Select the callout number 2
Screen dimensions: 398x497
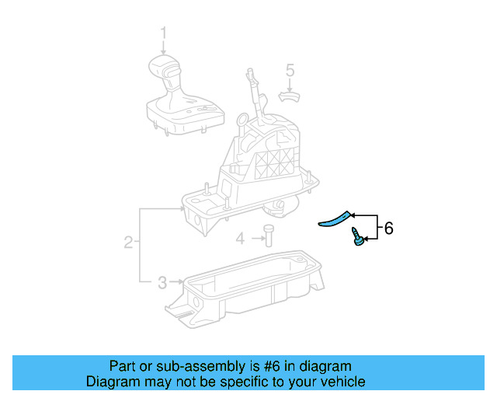pyautogui.click(x=128, y=243)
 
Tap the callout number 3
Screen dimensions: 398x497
pyautogui.click(x=162, y=281)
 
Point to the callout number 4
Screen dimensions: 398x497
pyautogui.click(x=241, y=238)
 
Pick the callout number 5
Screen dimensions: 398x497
pyautogui.click(x=290, y=71)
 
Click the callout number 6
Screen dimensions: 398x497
pyautogui.click(x=389, y=228)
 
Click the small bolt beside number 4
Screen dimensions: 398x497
pyautogui.click(x=267, y=234)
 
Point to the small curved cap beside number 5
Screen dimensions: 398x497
pyautogui.click(x=289, y=96)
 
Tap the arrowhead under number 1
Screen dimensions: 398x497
pyautogui.click(x=164, y=51)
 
